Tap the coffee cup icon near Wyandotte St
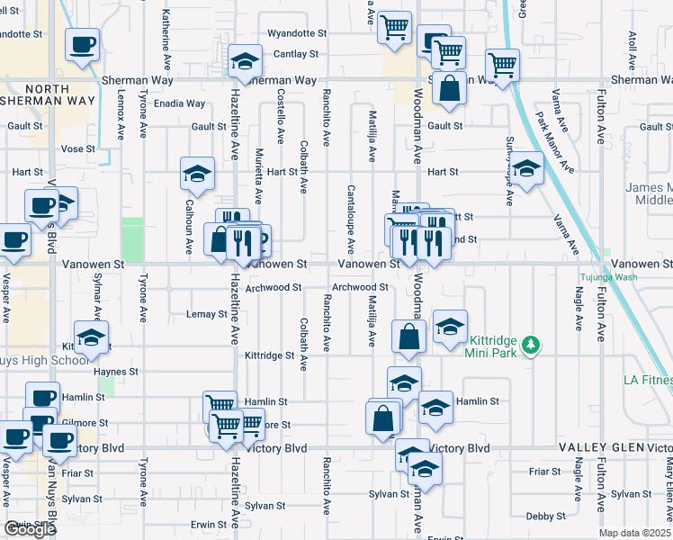point(83,44)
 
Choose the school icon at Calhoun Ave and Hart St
point(197,174)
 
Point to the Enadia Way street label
point(180,103)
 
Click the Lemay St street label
point(206,314)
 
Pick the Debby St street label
point(545,516)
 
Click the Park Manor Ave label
point(553,141)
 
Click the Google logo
point(30,529)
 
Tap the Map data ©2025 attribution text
point(635,533)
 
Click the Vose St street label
point(77,148)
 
